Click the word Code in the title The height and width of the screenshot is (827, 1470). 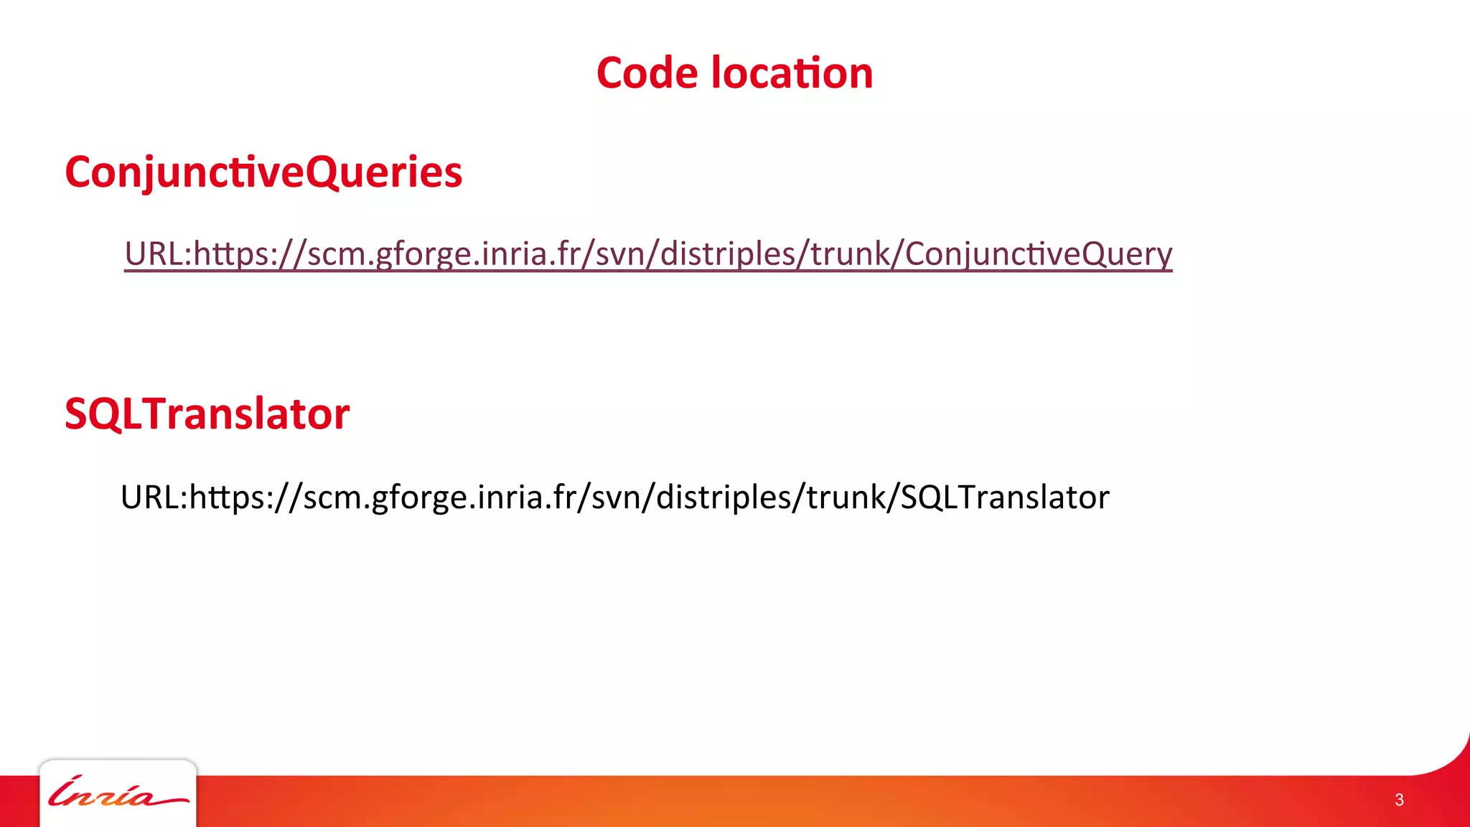[x=647, y=73]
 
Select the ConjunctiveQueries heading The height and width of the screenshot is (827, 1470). [x=263, y=172]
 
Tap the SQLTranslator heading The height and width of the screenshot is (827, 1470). [x=207, y=414]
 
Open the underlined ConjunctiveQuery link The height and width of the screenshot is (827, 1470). [x=647, y=254]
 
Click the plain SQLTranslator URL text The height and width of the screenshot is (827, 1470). [x=614, y=497]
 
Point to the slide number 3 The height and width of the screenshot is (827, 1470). [x=1399, y=800]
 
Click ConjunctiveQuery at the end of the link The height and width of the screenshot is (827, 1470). [x=1038, y=254]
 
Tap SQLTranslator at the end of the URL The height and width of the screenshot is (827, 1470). [x=1005, y=497]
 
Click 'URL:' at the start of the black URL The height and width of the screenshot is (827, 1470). [x=154, y=497]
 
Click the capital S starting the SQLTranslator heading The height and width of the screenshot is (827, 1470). [x=76, y=414]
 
